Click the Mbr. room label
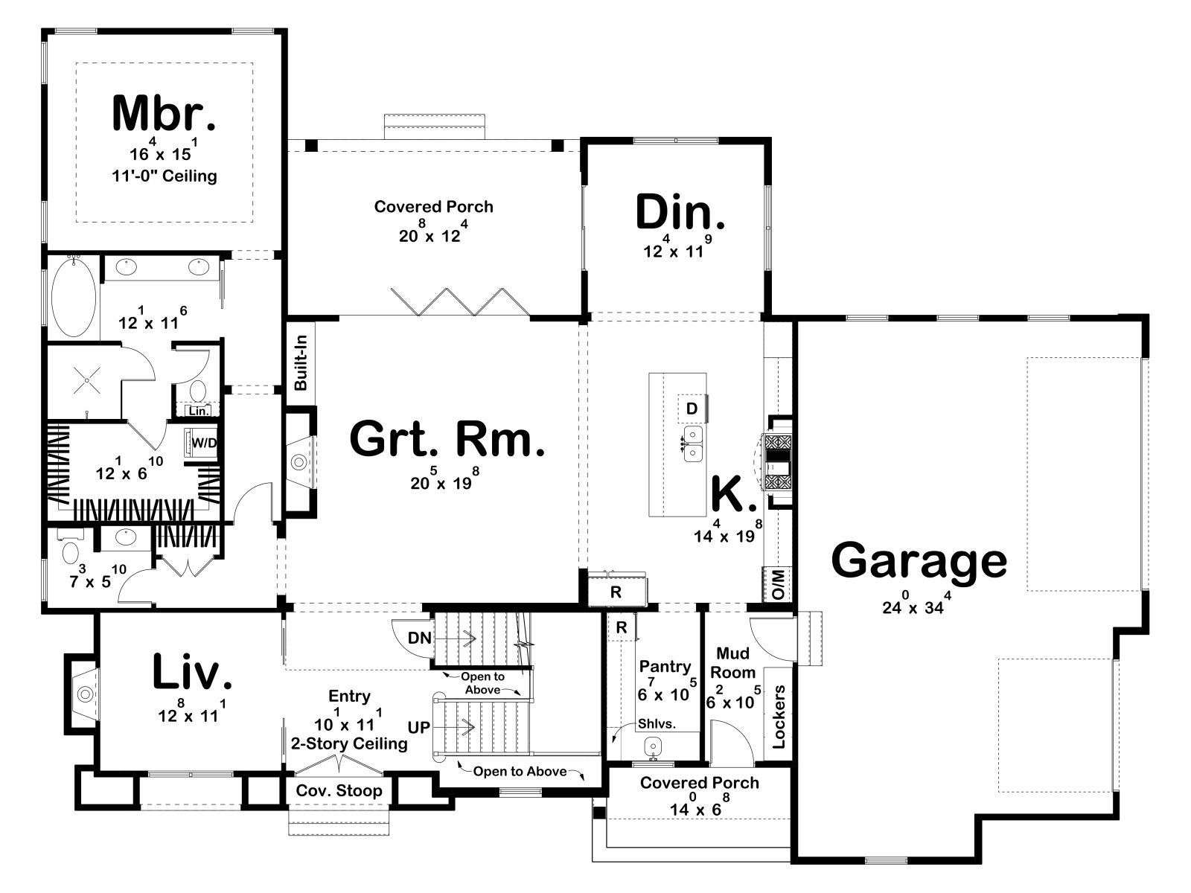(x=164, y=113)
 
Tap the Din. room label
(x=680, y=212)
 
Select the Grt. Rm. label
(x=447, y=438)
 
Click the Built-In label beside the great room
(x=301, y=362)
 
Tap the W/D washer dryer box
(x=203, y=443)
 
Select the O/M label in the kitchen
(x=778, y=584)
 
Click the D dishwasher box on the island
(x=692, y=409)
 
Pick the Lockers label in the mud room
(x=778, y=717)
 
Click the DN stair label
(x=419, y=638)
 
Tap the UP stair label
(x=419, y=728)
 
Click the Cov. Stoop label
(x=339, y=790)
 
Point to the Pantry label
(x=665, y=666)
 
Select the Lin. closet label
(x=198, y=411)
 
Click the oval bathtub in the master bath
(x=73, y=298)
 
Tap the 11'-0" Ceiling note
(x=165, y=176)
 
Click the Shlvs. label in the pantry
(x=657, y=723)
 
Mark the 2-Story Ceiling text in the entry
(x=349, y=743)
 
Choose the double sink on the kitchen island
(x=693, y=444)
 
